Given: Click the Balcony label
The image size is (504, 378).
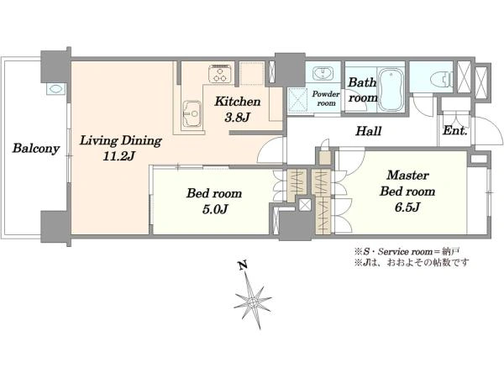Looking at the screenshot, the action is click(x=36, y=149).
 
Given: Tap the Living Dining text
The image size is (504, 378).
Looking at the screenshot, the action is click(x=120, y=141).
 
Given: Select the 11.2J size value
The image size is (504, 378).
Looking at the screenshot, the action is click(x=119, y=156).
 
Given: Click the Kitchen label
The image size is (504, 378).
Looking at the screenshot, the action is click(x=238, y=102).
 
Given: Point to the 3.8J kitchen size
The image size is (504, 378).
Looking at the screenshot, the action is click(x=237, y=118).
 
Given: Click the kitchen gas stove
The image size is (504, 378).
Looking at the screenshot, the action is click(x=220, y=74).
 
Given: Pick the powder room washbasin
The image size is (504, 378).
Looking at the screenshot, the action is click(x=323, y=72).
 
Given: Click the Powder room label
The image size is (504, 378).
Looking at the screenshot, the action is click(x=326, y=98).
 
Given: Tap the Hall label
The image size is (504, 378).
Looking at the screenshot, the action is click(x=369, y=131).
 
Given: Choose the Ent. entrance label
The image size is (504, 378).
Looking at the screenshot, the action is click(x=454, y=130).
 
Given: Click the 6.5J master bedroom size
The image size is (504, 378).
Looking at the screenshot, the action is click(x=407, y=207).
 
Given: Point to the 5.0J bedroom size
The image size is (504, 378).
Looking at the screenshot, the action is click(x=215, y=209).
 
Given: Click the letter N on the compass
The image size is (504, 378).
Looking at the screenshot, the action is click(x=244, y=265).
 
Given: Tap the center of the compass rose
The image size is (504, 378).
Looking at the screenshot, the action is click(x=253, y=302).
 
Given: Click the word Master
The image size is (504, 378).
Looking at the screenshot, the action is click(x=407, y=176).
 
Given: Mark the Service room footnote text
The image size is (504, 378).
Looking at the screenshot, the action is click(x=407, y=251).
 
